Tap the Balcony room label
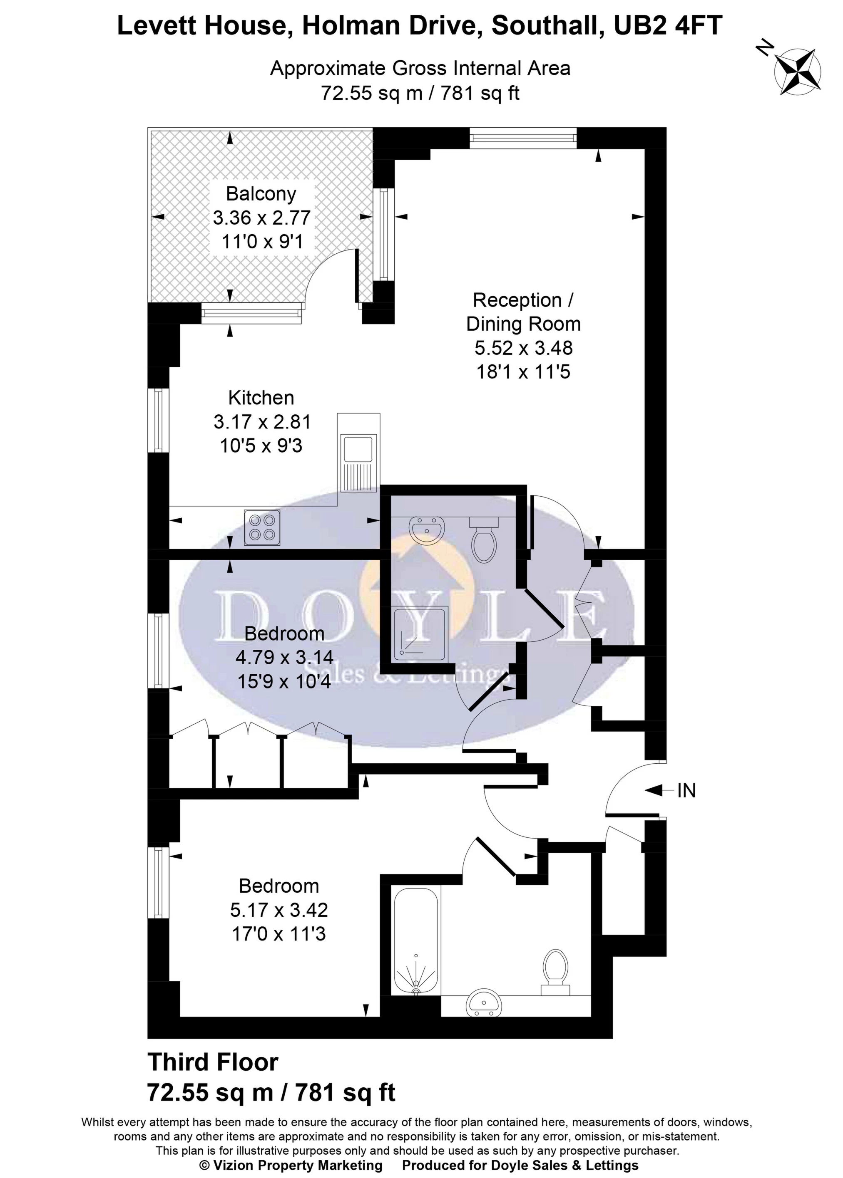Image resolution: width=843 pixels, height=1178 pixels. click(261, 193)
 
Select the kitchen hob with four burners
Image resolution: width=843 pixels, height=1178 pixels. click(262, 527)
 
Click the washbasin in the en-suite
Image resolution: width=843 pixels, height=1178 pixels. click(427, 529)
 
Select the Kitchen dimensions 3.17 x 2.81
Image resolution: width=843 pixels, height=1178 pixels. click(262, 422)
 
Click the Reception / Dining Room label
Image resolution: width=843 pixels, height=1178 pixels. click(523, 312)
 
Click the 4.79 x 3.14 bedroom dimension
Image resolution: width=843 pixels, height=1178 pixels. click(284, 657)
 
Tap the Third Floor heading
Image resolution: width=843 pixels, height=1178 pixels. click(213, 1062)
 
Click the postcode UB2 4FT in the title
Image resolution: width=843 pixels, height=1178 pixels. click(668, 25)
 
